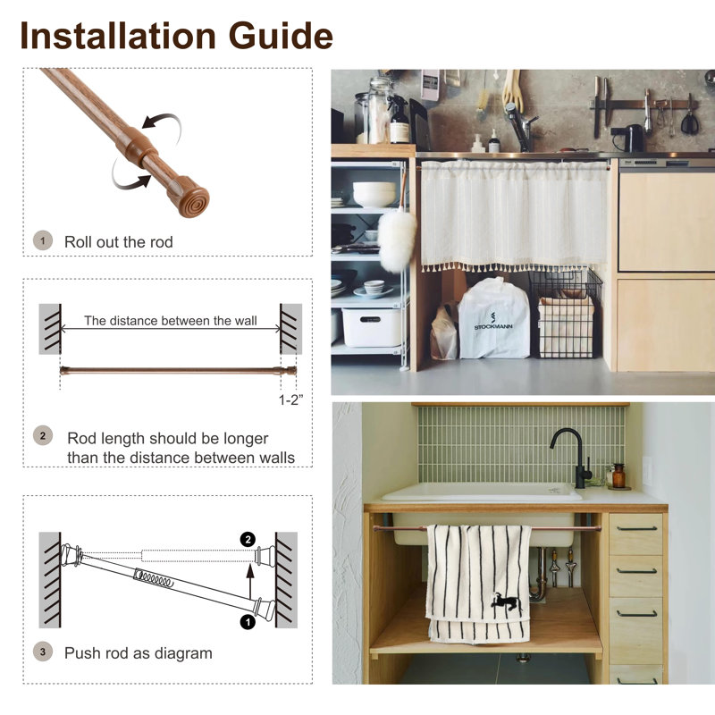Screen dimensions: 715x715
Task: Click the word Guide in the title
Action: (280, 36)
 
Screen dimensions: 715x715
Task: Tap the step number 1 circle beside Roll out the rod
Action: (43, 240)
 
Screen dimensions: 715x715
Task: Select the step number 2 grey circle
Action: (43, 436)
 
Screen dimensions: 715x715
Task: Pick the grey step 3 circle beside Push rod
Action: (43, 652)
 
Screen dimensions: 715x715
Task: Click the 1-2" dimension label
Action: (290, 400)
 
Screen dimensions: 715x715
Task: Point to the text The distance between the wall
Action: (171, 321)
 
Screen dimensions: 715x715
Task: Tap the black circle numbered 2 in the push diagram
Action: (248, 540)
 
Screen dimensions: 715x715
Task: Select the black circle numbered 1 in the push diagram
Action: (248, 622)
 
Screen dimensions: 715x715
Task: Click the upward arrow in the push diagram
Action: (250, 583)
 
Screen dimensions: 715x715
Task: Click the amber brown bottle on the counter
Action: (618, 475)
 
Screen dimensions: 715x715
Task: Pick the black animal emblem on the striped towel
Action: (507, 601)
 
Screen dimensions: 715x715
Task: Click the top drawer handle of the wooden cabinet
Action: (636, 529)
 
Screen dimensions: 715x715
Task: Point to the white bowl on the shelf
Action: (374, 194)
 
